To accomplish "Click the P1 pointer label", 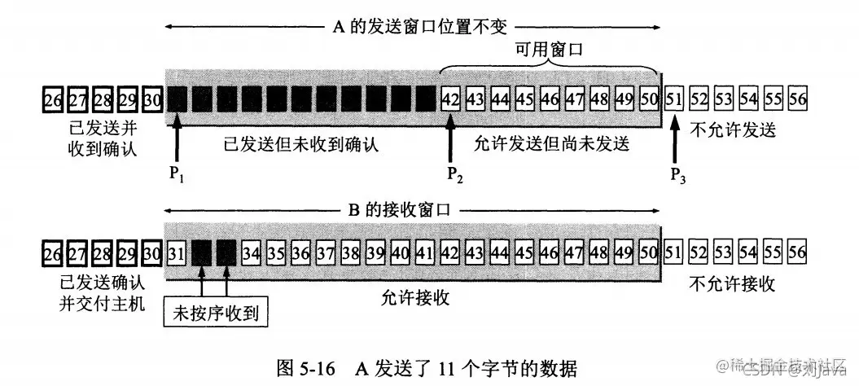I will tap(177, 175).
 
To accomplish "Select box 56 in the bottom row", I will tap(798, 252).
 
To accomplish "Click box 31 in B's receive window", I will tap(176, 252).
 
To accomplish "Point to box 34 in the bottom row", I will tap(251, 252).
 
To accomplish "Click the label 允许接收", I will tap(416, 298).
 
